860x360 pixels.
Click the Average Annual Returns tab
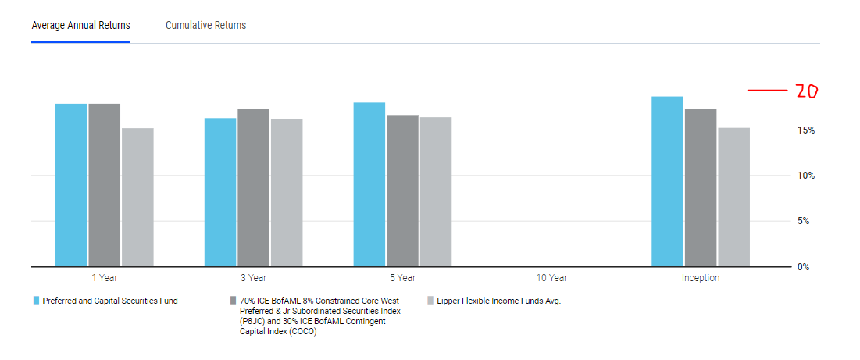click(x=80, y=25)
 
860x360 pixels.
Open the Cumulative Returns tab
click(x=205, y=25)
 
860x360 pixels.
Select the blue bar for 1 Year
click(x=71, y=185)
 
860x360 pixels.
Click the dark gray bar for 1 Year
click(x=104, y=185)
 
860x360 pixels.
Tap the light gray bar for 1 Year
click(x=137, y=197)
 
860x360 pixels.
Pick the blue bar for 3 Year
click(x=220, y=192)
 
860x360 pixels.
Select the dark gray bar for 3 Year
click(x=253, y=187)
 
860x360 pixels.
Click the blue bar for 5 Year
click(x=369, y=184)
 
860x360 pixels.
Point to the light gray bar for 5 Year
click(x=435, y=191)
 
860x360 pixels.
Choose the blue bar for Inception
click(x=668, y=181)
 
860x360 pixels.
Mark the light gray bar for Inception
click(x=733, y=197)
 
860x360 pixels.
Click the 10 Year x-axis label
click(x=551, y=278)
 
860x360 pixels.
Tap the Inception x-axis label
click(x=701, y=278)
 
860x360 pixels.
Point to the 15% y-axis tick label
click(x=805, y=130)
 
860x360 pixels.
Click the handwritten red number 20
click(x=806, y=91)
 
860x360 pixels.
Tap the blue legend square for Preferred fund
click(x=36, y=301)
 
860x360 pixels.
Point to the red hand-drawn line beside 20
click(x=766, y=91)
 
